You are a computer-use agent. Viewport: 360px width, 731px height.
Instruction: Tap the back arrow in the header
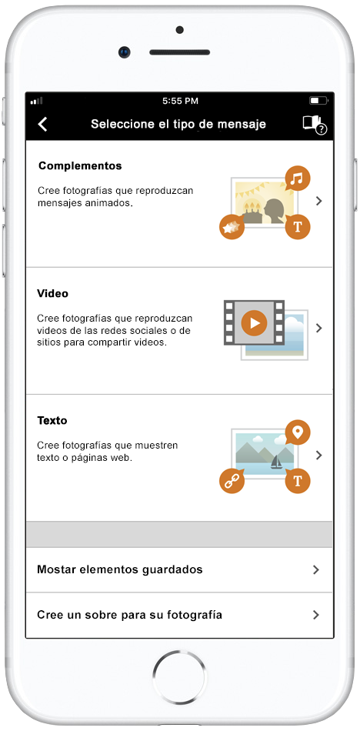tap(43, 125)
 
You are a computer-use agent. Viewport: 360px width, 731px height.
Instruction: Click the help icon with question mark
tap(315, 125)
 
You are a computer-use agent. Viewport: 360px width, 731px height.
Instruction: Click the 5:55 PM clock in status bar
tap(180, 101)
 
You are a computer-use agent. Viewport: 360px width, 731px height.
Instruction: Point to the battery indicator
tap(318, 101)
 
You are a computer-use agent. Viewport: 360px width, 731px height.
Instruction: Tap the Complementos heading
tap(80, 165)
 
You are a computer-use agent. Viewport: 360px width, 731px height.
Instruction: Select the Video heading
tap(52, 293)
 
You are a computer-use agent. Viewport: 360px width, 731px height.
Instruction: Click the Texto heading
tap(52, 420)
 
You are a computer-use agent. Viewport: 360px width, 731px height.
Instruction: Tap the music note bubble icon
tap(297, 179)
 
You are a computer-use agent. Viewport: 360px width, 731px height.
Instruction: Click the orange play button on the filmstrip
tap(254, 322)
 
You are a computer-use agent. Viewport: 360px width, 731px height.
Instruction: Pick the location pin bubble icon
tap(298, 432)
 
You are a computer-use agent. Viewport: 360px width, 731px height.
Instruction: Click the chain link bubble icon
tap(232, 481)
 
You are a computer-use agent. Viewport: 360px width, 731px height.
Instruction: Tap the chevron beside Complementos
tap(319, 201)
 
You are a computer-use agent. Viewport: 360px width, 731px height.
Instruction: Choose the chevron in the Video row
tap(319, 329)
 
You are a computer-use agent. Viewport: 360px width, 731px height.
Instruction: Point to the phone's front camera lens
tap(125, 52)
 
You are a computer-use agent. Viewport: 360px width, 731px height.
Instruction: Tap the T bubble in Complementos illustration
tap(298, 227)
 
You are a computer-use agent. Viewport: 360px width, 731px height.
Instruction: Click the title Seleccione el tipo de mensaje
tap(178, 125)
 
